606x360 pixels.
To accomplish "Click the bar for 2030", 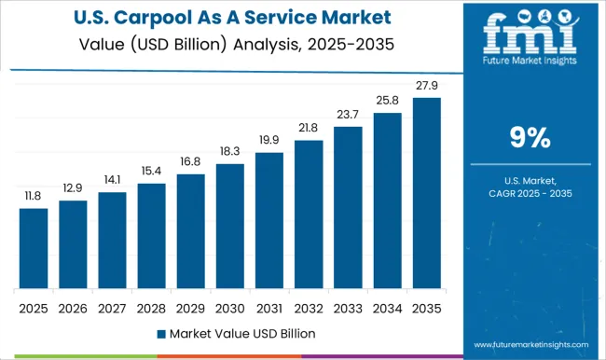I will click(229, 226).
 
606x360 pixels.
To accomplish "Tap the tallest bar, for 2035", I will click(426, 192).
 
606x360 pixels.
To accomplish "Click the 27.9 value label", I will click(426, 87).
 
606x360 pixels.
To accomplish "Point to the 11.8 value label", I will click(34, 197).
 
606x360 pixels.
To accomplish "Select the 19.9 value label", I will click(269, 141).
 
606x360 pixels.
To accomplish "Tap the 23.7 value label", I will click(348, 116).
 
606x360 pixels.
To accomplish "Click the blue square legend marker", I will click(161, 332).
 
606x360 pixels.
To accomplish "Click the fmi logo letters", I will click(530, 34).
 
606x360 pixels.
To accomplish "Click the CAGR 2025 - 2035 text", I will click(530, 192).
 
